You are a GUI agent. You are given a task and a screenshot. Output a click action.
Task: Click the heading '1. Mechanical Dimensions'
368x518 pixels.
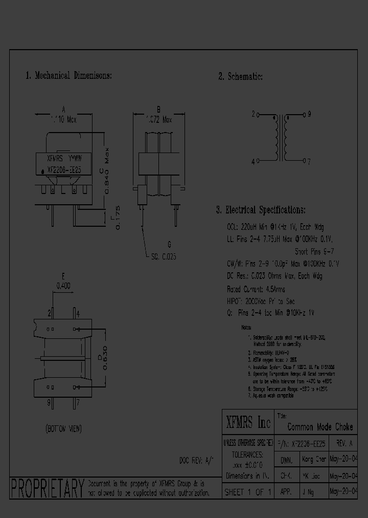pyautogui.click(x=68, y=76)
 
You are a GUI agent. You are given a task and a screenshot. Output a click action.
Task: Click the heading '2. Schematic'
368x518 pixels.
pyautogui.click(x=240, y=77)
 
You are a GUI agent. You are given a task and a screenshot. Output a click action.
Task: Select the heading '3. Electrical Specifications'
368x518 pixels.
pyautogui.click(x=261, y=210)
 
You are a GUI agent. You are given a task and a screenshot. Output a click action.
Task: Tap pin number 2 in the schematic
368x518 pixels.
pyautogui.click(x=253, y=115)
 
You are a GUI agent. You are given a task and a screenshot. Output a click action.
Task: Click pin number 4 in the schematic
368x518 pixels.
pyautogui.click(x=253, y=162)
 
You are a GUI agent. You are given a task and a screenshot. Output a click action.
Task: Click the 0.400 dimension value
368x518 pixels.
pyautogui.click(x=63, y=286)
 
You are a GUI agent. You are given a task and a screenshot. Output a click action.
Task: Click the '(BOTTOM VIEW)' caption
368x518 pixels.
pyautogui.click(x=63, y=428)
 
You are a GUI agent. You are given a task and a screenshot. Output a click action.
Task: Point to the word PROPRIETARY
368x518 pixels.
pyautogui.click(x=48, y=489)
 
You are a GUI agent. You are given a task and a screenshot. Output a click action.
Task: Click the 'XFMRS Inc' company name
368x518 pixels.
pyautogui.click(x=248, y=423)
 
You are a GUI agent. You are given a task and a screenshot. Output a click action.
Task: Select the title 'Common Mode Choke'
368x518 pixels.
pyautogui.click(x=320, y=427)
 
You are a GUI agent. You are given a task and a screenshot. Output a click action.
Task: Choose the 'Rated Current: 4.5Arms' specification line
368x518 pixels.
pyautogui.click(x=256, y=289)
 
